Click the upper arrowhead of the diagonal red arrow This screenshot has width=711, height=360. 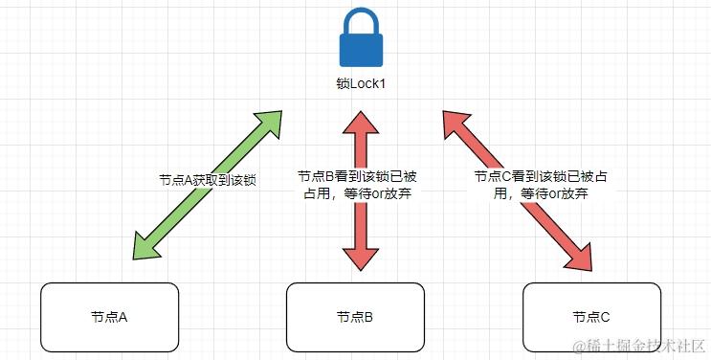pyautogui.click(x=455, y=122)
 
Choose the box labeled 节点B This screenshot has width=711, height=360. pyautogui.click(x=355, y=316)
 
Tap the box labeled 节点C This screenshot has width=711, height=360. pyautogui.click(x=590, y=316)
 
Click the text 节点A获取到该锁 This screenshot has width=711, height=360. pyautogui.click(x=208, y=180)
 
